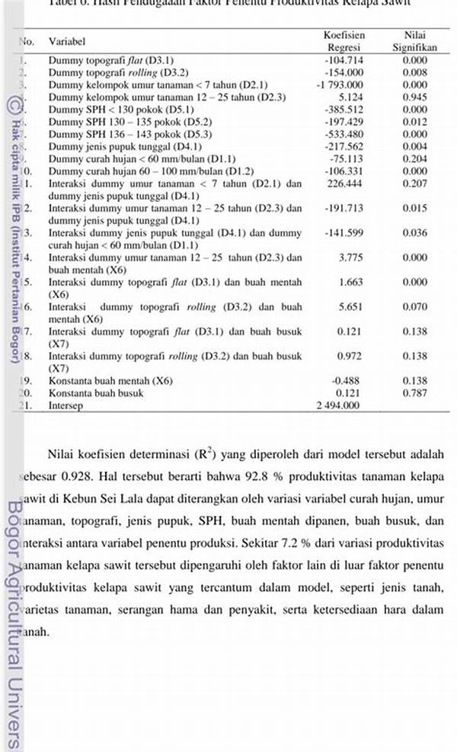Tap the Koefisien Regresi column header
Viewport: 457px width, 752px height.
(x=344, y=41)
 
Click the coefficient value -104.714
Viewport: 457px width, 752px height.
(x=344, y=59)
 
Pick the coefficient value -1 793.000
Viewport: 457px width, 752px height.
(x=341, y=85)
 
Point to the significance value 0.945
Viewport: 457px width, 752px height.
(x=415, y=97)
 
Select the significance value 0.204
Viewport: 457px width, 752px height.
(x=415, y=159)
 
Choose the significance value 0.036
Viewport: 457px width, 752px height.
(x=415, y=232)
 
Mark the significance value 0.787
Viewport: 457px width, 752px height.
(x=415, y=392)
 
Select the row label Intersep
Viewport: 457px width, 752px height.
(x=65, y=405)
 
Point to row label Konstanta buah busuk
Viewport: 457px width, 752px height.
(x=96, y=393)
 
